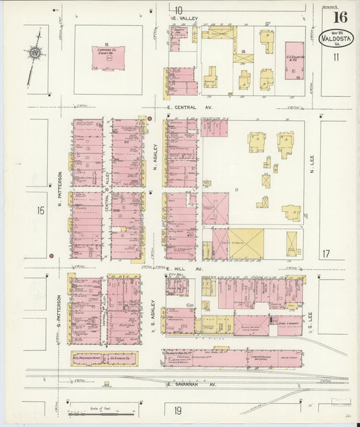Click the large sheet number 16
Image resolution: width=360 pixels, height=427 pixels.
click(340, 17)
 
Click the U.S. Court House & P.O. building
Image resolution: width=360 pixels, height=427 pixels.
click(294, 61)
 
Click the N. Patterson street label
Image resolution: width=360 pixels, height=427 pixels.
click(59, 186)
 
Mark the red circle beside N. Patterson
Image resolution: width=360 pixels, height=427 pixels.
click(51, 256)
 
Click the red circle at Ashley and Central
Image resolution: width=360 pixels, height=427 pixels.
click(149, 119)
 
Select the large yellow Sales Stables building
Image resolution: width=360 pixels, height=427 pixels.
click(246, 244)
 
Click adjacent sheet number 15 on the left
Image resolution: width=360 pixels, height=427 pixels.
click(41, 211)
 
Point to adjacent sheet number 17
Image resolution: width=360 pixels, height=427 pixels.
click(326, 254)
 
